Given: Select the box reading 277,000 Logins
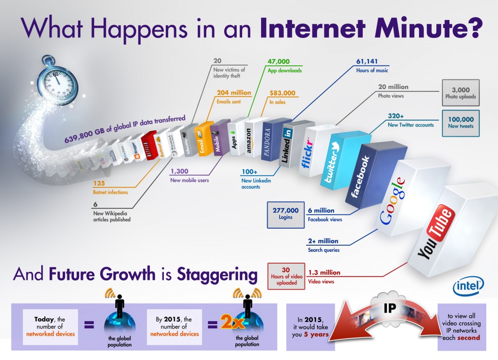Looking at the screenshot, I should click(x=285, y=214).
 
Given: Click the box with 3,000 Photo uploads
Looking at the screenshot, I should click(x=461, y=92).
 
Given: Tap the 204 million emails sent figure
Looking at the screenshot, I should click(x=234, y=92).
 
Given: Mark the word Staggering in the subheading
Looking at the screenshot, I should click(x=217, y=274).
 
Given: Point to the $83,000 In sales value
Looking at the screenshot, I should click(x=282, y=92).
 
